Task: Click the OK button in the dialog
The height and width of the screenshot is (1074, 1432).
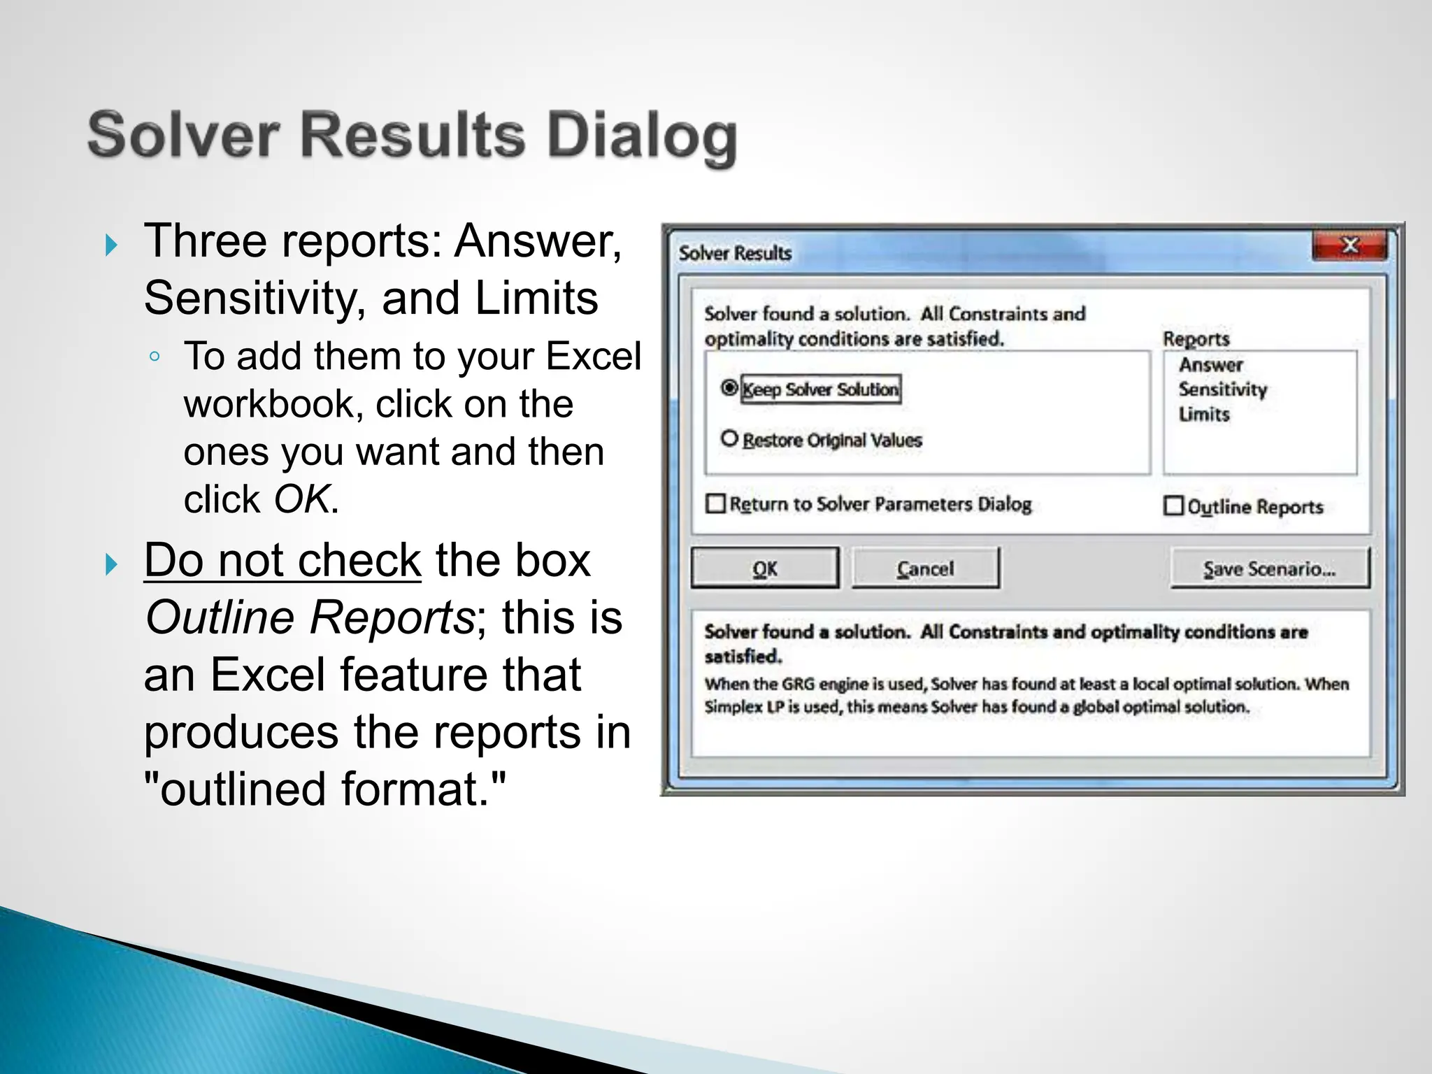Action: point(765,568)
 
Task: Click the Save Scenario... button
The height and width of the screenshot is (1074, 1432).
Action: point(1269,568)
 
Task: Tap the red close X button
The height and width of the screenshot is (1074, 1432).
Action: point(1349,246)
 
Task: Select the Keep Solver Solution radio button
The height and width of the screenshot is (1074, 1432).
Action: point(729,387)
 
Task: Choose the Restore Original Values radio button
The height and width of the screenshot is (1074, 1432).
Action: point(729,438)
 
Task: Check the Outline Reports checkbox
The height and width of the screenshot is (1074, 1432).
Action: point(1173,505)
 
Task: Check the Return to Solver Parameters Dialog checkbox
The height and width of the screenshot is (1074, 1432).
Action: point(715,503)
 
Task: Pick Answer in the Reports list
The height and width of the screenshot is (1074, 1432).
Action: point(1210,364)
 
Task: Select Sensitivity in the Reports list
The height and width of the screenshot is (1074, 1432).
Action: point(1222,389)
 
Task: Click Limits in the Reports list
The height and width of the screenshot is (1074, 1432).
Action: point(1203,414)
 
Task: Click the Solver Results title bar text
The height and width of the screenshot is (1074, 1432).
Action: point(735,252)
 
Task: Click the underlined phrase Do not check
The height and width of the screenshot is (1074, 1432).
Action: point(282,560)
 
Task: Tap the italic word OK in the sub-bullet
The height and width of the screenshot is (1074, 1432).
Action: point(301,499)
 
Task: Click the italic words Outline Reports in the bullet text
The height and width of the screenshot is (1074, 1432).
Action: point(310,617)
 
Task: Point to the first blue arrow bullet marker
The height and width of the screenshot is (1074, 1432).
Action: point(111,245)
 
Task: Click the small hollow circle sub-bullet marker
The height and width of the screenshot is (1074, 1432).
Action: point(155,357)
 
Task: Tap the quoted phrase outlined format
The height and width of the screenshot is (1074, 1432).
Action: point(324,789)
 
